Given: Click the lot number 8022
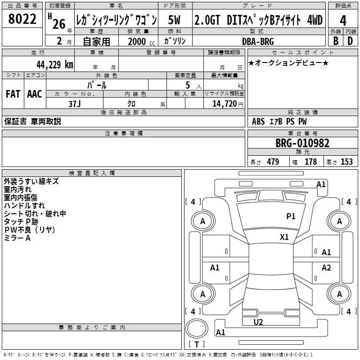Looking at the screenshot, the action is [x=22, y=19].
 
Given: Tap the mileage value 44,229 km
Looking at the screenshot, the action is [x=55, y=65].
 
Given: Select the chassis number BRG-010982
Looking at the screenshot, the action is [x=302, y=143].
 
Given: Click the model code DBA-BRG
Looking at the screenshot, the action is [x=258, y=41].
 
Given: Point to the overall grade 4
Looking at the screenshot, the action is [x=343, y=21].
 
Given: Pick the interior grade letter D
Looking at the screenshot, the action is [x=350, y=41].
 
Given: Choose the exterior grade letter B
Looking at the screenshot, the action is [x=336, y=41].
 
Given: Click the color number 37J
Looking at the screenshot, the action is [x=75, y=104].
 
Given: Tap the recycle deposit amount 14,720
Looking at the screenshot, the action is [x=224, y=104].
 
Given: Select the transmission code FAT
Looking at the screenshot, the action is [x=13, y=94].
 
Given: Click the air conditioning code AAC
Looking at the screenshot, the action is [x=35, y=94].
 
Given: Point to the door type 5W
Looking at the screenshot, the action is [x=174, y=20].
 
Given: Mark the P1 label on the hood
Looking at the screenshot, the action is [x=291, y=216].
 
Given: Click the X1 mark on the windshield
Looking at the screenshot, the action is [x=284, y=237].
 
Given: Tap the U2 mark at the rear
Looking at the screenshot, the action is [x=258, y=322].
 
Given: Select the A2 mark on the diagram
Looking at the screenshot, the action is [x=326, y=267].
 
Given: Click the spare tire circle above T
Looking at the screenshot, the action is [x=197, y=328].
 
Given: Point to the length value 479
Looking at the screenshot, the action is [x=273, y=162].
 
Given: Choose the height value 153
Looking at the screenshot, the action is [x=346, y=162].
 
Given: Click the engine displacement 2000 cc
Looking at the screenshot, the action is [x=141, y=41].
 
